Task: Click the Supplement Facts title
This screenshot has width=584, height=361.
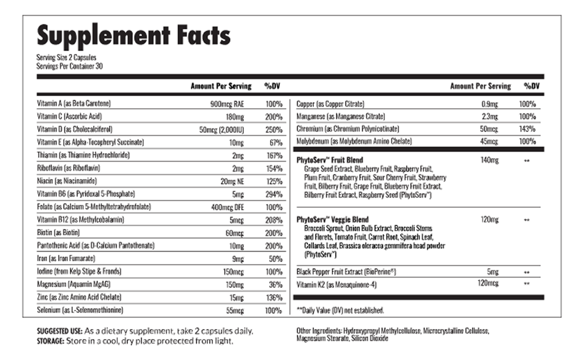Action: tap(133, 35)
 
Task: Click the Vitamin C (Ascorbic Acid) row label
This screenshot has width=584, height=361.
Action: tap(69, 116)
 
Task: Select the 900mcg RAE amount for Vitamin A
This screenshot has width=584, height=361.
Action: tap(227, 104)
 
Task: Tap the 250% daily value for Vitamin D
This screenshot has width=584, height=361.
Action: tap(274, 130)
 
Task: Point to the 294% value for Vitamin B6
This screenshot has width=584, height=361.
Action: tap(274, 194)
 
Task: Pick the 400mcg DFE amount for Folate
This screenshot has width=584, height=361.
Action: tap(227, 207)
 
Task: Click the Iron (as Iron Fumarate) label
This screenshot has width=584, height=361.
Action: tap(66, 258)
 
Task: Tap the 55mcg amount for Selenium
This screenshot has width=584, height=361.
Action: tap(234, 311)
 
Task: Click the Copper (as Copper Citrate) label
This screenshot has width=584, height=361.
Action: tap(330, 104)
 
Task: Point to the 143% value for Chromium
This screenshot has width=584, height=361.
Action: tap(527, 129)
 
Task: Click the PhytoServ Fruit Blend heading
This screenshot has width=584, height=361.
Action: tap(330, 160)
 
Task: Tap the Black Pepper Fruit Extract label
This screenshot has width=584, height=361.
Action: tap(346, 272)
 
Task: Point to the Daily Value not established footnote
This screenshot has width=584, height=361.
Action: tap(340, 311)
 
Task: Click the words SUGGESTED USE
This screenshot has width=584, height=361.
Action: tap(60, 332)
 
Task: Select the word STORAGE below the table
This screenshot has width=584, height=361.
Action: tap(51, 341)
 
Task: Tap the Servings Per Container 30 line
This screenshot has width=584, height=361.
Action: tap(70, 66)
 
